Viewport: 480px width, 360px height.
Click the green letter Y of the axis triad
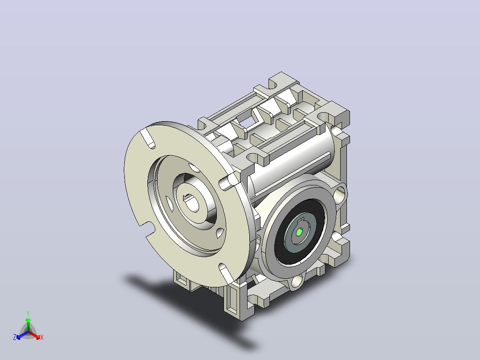click(28, 314)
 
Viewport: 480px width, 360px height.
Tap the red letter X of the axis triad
click(42, 337)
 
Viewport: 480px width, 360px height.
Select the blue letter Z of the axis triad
click(15, 337)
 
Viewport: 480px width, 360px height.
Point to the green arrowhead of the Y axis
click(28, 320)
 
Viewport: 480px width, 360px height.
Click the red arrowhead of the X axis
click(37, 337)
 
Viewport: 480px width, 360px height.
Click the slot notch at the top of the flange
click(148, 139)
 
